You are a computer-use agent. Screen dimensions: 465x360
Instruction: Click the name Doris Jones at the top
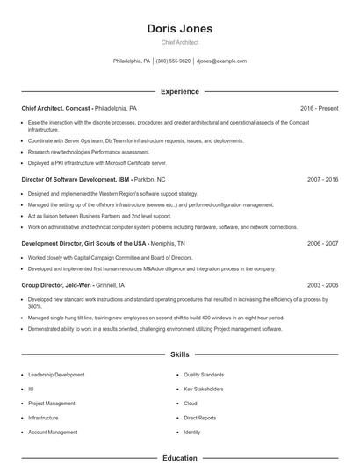[180, 29]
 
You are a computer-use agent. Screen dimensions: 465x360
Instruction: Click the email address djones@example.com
[221, 61]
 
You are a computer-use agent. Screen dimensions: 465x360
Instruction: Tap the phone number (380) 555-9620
[173, 61]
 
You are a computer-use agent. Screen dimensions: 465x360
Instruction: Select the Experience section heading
[180, 91]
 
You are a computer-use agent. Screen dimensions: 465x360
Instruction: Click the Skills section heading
[180, 355]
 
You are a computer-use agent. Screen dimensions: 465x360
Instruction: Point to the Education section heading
[180, 458]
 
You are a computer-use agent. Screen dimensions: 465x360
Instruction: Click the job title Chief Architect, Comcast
[56, 108]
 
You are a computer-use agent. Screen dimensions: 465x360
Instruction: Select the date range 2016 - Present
[319, 108]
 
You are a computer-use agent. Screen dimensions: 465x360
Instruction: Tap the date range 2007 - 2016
[323, 179]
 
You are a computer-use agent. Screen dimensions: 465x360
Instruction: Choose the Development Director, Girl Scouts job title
[83, 243]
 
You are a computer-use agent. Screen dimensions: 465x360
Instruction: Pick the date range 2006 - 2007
[323, 243]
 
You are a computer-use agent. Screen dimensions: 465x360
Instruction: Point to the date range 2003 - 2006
[323, 285]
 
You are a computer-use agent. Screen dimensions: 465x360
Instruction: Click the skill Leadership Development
[56, 375]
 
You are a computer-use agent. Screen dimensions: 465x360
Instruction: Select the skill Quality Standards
[204, 375]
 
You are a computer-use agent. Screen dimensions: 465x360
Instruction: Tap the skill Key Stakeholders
[204, 389]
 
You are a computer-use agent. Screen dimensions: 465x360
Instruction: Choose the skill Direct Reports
[200, 418]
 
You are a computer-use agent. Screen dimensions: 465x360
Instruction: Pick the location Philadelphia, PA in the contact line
[132, 61]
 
